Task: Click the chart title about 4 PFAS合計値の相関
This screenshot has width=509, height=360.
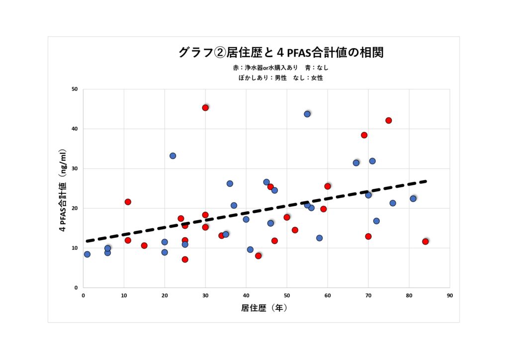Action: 281,52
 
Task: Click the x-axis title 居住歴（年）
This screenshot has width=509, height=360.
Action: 264,308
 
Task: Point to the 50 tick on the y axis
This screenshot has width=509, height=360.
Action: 75,89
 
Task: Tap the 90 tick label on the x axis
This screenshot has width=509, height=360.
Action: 449,295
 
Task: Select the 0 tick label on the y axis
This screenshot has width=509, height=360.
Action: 76,288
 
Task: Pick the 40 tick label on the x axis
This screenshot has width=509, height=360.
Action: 246,295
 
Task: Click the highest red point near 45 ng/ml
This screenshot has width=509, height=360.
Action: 205,107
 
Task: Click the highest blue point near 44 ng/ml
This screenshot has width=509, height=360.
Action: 307,114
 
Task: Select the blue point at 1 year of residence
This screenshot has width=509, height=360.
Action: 87,254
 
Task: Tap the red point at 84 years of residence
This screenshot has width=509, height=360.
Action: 425,241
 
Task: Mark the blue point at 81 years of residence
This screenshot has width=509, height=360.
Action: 413,198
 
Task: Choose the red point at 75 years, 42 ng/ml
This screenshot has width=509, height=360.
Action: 389,120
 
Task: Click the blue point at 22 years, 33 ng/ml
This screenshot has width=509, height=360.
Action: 172,156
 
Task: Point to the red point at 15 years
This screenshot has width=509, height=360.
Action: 144,246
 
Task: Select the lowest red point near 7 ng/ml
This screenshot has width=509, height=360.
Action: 185,259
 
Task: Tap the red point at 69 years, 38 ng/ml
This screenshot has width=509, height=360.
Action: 364,135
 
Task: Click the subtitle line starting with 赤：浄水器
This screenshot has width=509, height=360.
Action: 281,68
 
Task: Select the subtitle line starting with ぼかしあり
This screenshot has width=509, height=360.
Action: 281,78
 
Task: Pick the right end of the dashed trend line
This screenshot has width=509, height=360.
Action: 425,181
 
